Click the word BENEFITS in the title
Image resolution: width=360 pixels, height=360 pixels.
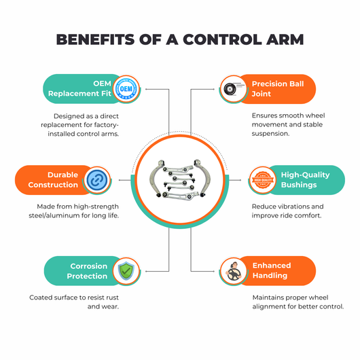pos(95,39)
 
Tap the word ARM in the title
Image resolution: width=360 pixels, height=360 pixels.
pos(285,39)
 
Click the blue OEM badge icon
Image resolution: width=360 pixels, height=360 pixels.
pos(126,89)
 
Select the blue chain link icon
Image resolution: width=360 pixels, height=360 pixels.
pos(97,180)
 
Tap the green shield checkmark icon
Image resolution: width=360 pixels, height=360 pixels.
pos(126,271)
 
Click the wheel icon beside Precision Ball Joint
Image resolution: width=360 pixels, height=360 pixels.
pos(232,89)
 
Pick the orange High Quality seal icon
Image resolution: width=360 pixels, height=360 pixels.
pos(263,180)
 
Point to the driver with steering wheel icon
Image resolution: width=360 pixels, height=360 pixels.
pos(234,271)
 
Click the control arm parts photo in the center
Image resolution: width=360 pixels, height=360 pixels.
pos(180,179)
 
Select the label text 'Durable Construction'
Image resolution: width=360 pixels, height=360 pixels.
pos(53,180)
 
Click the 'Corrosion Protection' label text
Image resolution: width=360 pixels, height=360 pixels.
pos(87,271)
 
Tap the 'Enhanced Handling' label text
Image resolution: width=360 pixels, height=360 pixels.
pos(272,270)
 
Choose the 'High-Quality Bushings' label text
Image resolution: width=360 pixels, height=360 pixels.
pos(306,180)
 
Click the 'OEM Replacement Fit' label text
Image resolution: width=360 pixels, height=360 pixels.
pos(79,88)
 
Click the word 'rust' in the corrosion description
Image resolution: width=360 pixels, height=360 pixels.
pos(112,298)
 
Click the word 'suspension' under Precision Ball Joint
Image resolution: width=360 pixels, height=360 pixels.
pos(270,134)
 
